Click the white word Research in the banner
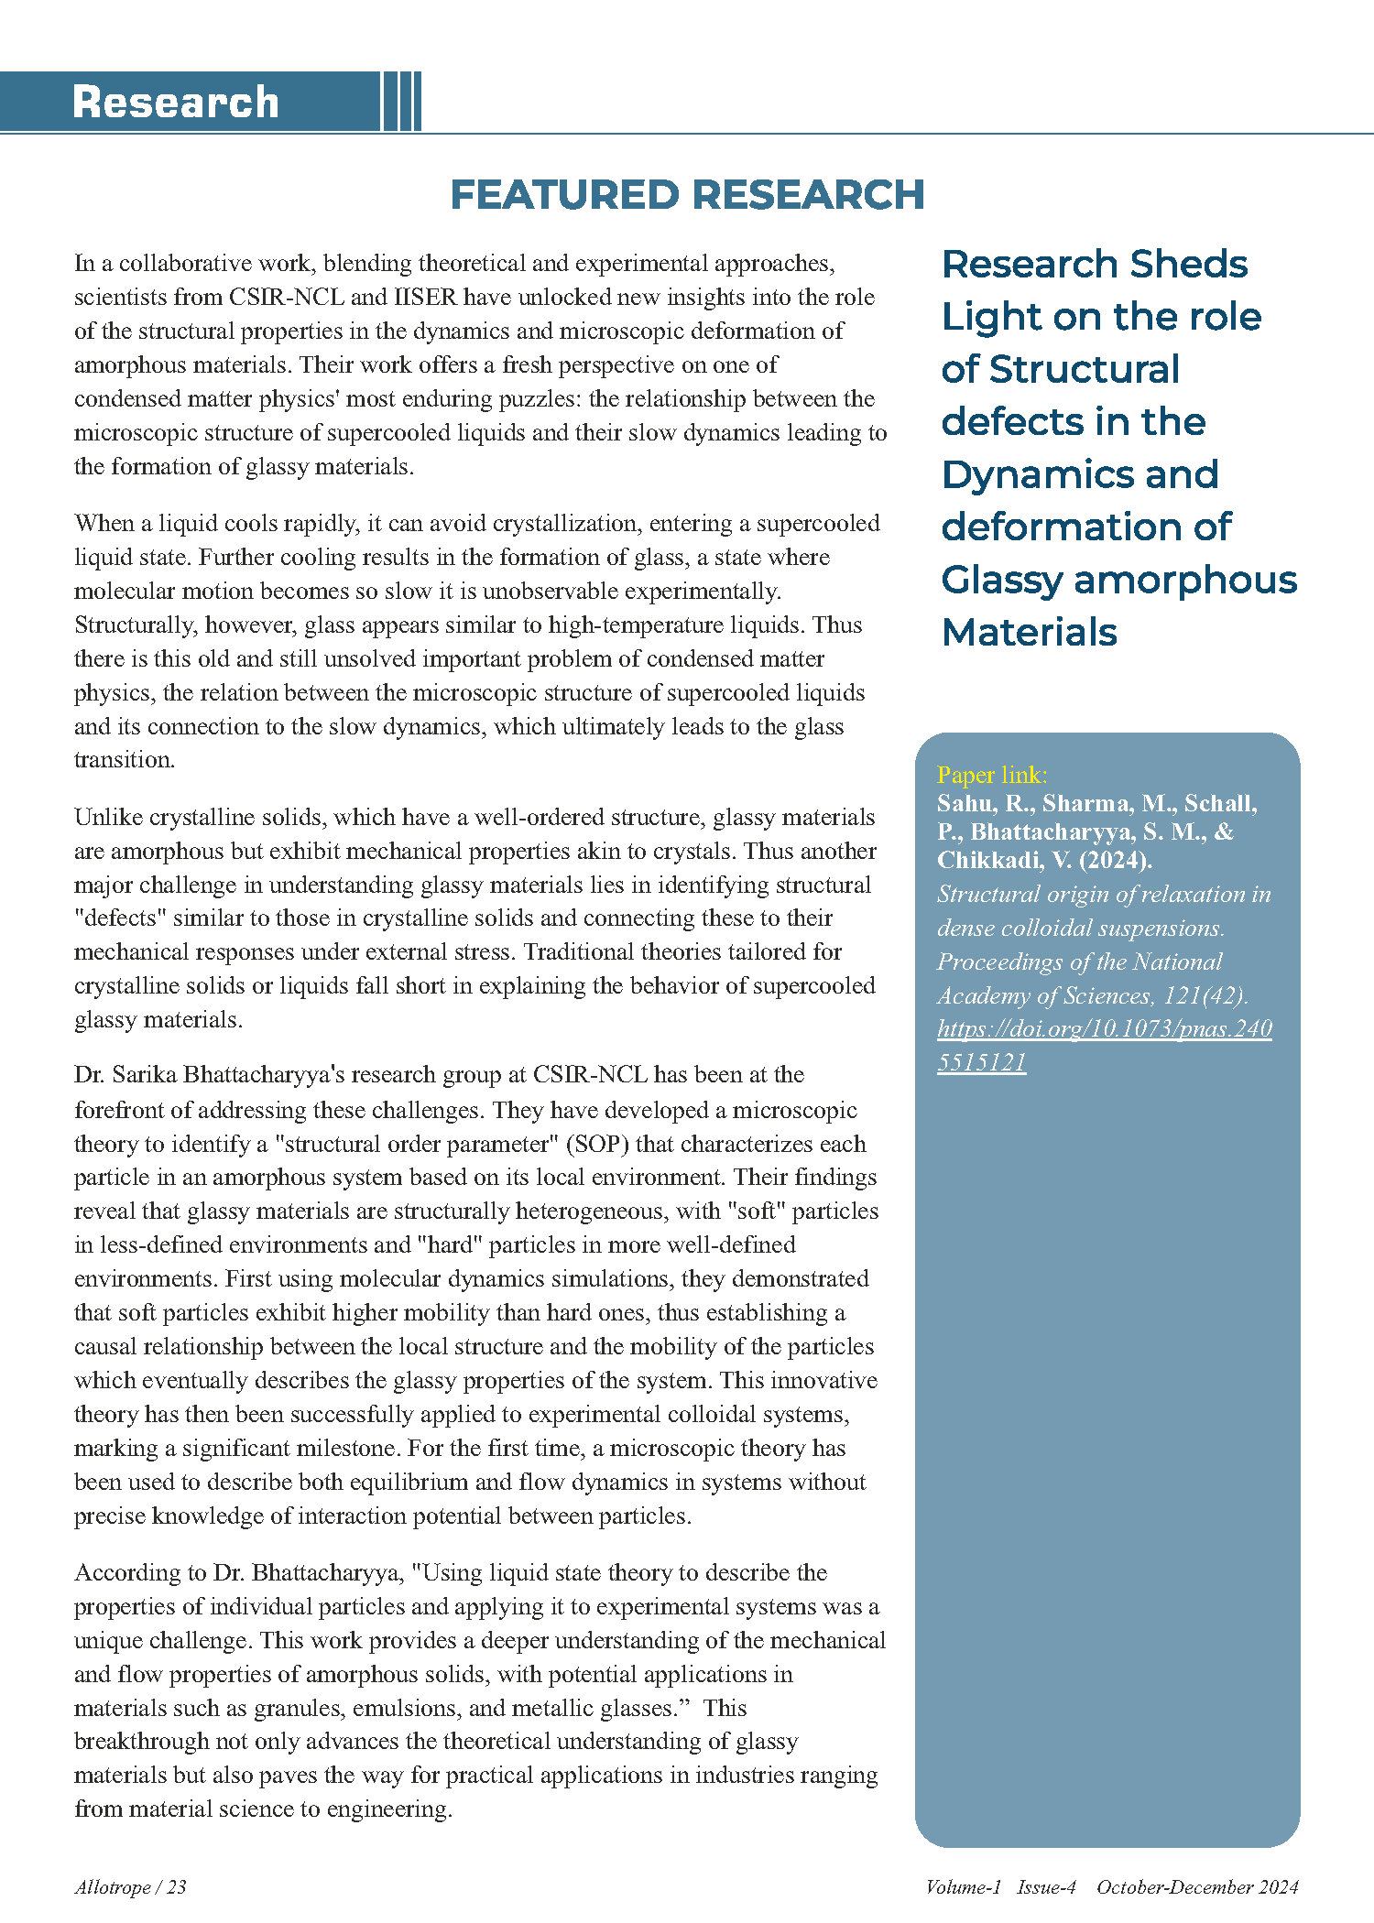(x=175, y=102)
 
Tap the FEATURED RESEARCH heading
(x=687, y=195)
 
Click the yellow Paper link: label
(x=992, y=775)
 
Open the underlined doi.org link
(x=1104, y=1029)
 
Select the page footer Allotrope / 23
(x=130, y=1887)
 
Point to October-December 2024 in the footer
(x=1197, y=1887)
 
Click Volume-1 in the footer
(x=963, y=1887)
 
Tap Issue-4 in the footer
(x=1046, y=1887)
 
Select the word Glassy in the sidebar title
(x=1001, y=580)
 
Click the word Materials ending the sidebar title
(x=1030, y=632)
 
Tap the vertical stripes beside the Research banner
(x=401, y=102)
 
